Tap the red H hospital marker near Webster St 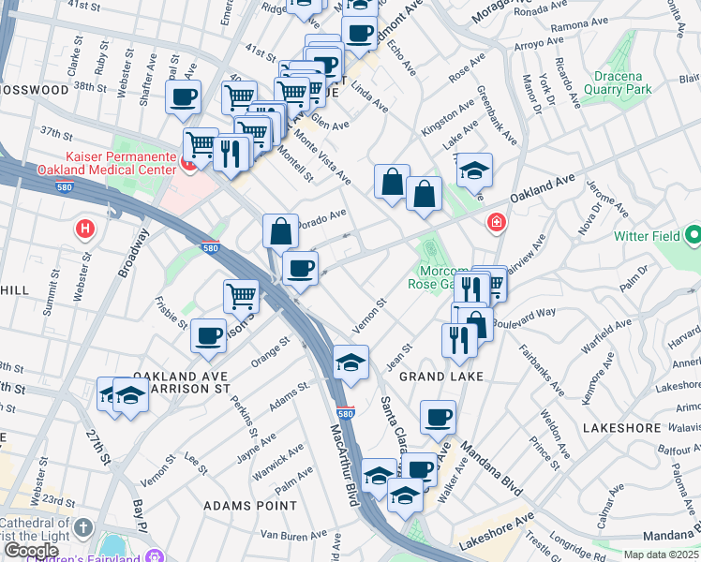(85, 228)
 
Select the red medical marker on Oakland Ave (495, 223)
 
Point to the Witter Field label (656, 237)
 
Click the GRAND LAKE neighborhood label (441, 377)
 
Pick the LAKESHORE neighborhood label (621, 427)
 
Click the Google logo (31, 551)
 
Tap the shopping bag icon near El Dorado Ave (281, 229)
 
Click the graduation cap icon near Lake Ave (475, 170)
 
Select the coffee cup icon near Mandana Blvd (437, 417)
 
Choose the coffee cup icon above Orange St (208, 334)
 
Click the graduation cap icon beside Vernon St (350, 362)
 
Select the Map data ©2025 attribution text (662, 555)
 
